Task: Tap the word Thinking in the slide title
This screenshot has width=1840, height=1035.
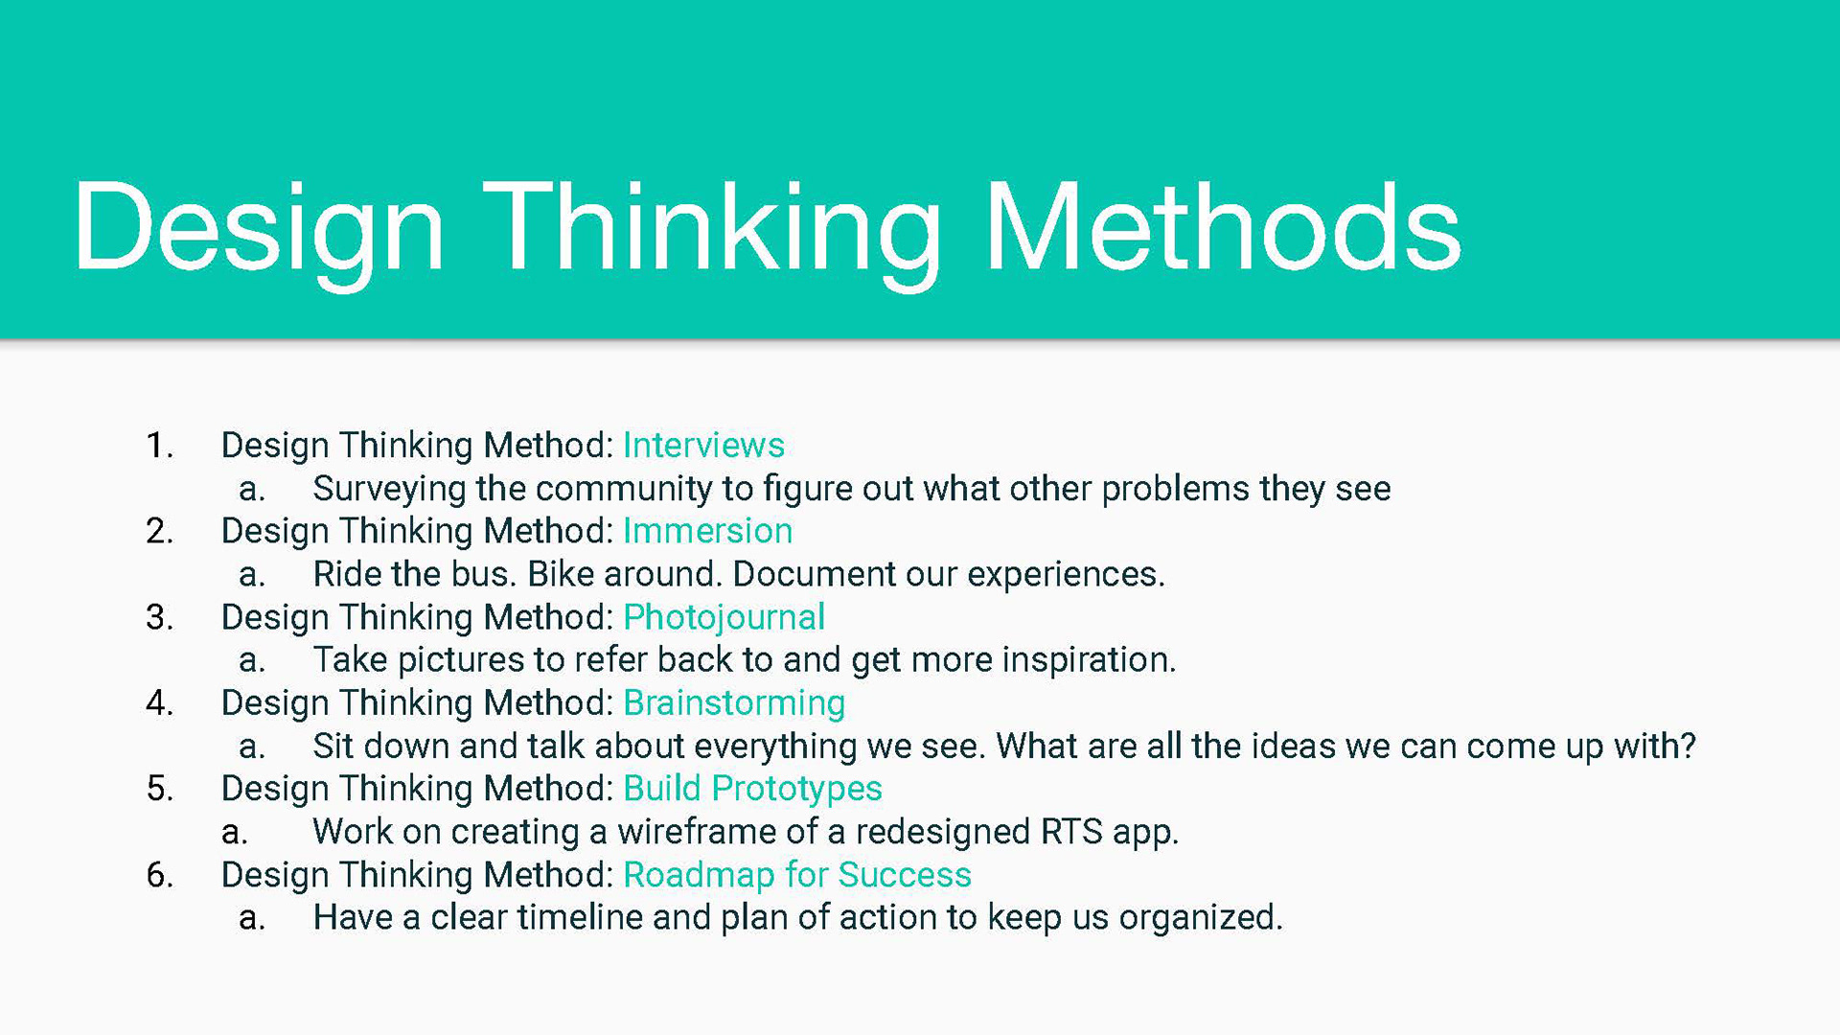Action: (x=712, y=236)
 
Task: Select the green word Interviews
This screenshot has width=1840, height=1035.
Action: (x=703, y=445)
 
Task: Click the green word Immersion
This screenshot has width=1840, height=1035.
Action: (x=707, y=530)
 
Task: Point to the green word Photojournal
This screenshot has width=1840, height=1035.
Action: (x=724, y=618)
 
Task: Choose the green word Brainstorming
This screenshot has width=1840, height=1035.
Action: (x=734, y=703)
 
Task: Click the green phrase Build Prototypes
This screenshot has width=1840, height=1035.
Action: (x=752, y=790)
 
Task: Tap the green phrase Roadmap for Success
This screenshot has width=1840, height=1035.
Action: (x=797, y=874)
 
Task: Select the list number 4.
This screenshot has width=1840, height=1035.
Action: (x=159, y=703)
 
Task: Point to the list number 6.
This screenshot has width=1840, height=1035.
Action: (x=159, y=875)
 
